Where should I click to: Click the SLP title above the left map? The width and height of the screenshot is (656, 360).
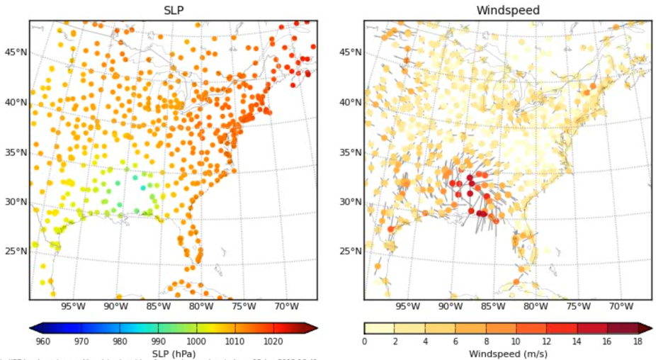pyautogui.click(x=173, y=10)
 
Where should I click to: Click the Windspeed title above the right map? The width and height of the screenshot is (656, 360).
pyautogui.click(x=507, y=10)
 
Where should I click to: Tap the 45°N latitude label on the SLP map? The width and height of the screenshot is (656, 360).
pyautogui.click(x=14, y=52)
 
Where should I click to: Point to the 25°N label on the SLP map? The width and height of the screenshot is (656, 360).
pyautogui.click(x=14, y=252)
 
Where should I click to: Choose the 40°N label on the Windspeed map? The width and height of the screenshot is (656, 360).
pyautogui.click(x=349, y=103)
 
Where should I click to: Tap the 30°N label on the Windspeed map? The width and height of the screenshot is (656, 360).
pyautogui.click(x=349, y=202)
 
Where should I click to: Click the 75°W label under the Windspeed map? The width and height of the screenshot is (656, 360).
pyautogui.click(x=578, y=307)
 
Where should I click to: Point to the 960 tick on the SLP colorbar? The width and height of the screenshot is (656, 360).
pyautogui.click(x=43, y=342)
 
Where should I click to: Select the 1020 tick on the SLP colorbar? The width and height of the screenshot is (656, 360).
pyautogui.click(x=274, y=342)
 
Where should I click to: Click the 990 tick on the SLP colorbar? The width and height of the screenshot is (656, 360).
pyautogui.click(x=159, y=342)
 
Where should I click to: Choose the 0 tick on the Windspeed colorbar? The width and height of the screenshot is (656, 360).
pyautogui.click(x=364, y=342)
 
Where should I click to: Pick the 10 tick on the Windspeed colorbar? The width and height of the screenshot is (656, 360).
pyautogui.click(x=515, y=342)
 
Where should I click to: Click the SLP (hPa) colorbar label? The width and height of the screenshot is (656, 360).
pyautogui.click(x=173, y=353)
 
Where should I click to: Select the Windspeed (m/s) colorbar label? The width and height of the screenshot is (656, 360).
pyautogui.click(x=507, y=353)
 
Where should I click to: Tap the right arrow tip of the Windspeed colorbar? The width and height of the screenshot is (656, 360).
pyautogui.click(x=650, y=328)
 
